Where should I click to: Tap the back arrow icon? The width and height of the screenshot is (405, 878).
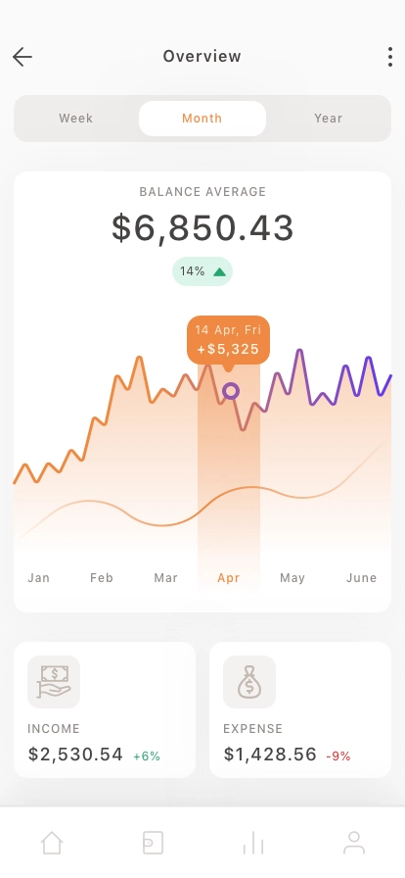[x=22, y=57]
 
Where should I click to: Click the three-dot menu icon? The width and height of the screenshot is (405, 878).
[x=390, y=57]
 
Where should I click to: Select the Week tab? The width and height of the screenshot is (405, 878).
[x=76, y=119]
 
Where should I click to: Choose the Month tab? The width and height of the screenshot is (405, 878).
[x=202, y=119]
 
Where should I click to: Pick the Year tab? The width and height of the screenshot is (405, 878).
[x=329, y=119]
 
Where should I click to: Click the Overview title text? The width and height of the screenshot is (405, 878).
[x=202, y=56]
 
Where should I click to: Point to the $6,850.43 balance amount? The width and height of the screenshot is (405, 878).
[x=202, y=228]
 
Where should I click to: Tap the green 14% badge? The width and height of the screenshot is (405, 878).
[x=202, y=271]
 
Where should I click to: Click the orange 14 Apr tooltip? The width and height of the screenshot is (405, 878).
[x=228, y=340]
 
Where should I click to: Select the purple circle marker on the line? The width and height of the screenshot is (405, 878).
[x=231, y=391]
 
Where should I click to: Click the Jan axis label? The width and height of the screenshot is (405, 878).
[x=38, y=578]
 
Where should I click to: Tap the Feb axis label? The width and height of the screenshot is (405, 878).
[x=102, y=578]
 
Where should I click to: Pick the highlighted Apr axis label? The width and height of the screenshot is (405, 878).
[x=228, y=578]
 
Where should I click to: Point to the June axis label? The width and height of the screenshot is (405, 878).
[x=361, y=578]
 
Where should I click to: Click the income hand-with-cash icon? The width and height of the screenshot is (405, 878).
[x=54, y=682]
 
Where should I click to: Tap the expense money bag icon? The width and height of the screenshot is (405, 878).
[x=249, y=682]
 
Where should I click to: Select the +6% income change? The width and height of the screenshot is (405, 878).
[x=147, y=756]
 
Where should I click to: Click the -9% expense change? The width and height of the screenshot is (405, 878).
[x=337, y=756]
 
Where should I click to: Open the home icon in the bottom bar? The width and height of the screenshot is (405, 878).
[x=52, y=843]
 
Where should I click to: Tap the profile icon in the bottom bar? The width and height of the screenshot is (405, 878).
[x=353, y=843]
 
